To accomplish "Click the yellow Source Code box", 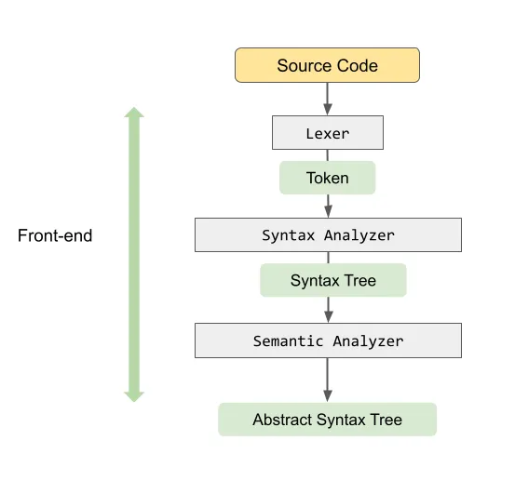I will click(x=327, y=65).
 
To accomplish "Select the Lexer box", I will click(x=327, y=133).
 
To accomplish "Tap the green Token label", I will click(x=327, y=178).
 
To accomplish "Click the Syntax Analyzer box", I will click(x=327, y=235).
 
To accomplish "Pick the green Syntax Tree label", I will click(x=332, y=280).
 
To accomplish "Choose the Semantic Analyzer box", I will click(x=327, y=340).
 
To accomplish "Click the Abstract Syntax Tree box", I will click(x=327, y=420).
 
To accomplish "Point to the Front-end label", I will click(x=55, y=236).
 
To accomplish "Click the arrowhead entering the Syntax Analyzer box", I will click(x=328, y=213).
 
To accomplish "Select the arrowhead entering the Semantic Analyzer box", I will click(x=328, y=317).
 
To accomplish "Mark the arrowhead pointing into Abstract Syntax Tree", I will click(x=328, y=395).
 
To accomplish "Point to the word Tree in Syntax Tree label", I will click(x=359, y=280).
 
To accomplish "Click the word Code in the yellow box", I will click(x=358, y=65).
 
